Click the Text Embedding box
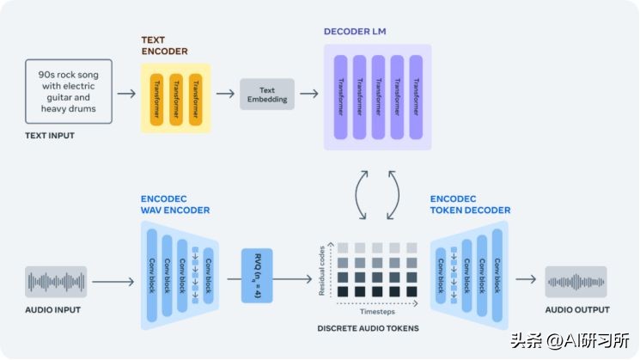click(266, 94)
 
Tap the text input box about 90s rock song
click(68, 92)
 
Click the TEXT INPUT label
click(49, 136)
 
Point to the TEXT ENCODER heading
click(164, 46)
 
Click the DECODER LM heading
click(355, 32)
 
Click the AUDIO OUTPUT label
click(577, 310)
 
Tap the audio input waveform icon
click(56, 281)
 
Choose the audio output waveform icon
click(576, 281)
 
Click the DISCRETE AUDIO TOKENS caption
click(368, 327)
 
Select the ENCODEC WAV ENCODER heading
click(174, 204)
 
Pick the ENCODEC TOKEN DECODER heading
click(470, 204)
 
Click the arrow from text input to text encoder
click(125, 94)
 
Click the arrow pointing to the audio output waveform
click(525, 281)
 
